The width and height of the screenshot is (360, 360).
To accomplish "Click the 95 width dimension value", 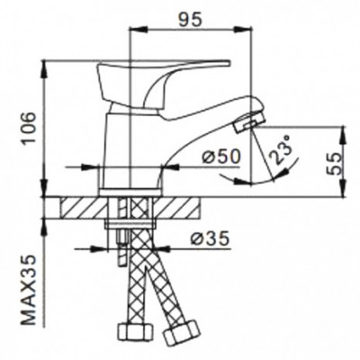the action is (189, 20).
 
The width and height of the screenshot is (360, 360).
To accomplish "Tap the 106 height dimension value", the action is (31, 128).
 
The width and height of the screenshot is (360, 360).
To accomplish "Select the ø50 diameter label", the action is (221, 157).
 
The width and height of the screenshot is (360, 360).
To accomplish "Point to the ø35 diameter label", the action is (210, 238).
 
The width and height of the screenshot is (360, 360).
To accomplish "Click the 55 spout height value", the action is (333, 164).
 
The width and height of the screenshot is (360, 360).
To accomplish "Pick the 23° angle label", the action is (281, 149).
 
